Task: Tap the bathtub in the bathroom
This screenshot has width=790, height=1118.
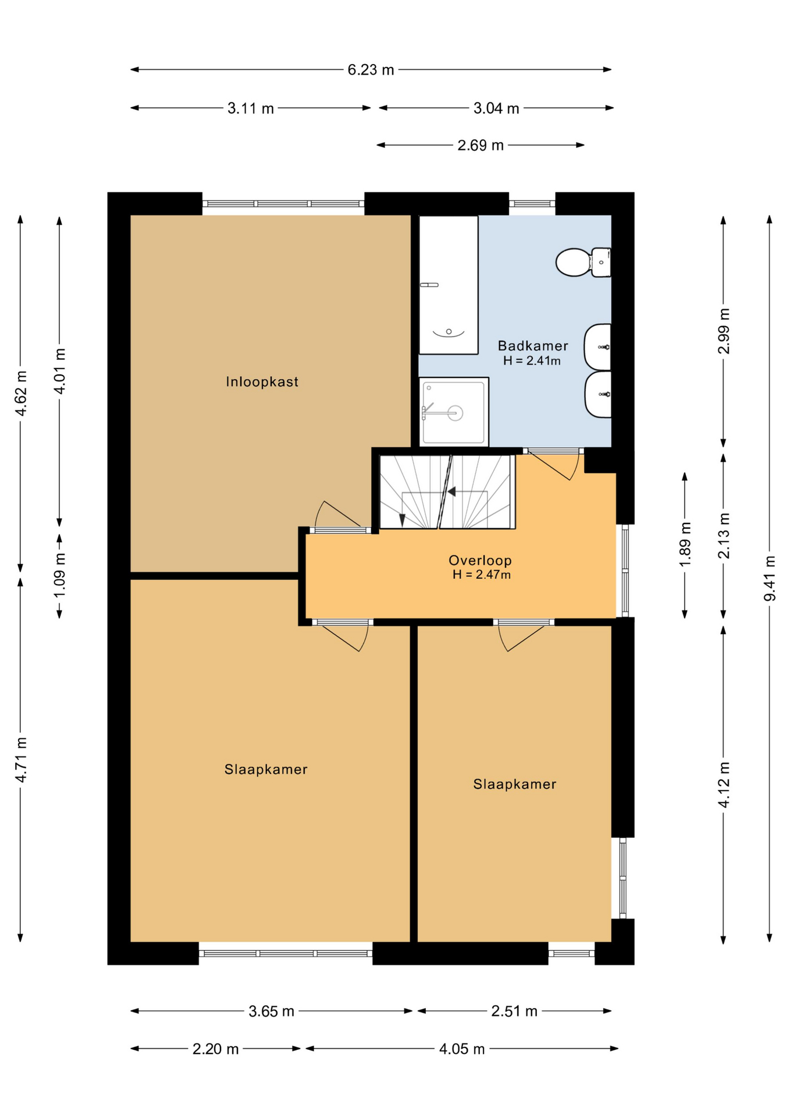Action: point(448,285)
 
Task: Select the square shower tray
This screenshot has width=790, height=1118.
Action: point(453,412)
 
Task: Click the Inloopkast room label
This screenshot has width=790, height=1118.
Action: point(262,382)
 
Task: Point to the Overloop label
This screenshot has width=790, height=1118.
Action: point(480,560)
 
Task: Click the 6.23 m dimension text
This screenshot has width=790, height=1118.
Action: point(371,70)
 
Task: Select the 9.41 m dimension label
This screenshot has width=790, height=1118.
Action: point(770,578)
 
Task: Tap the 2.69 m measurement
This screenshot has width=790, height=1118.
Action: point(480,145)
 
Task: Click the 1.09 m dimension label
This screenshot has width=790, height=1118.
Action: point(59,575)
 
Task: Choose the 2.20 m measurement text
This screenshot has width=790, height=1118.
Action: point(215,1049)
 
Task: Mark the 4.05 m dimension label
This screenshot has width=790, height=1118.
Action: point(461,1049)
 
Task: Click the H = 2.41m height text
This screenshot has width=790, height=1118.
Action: point(532,361)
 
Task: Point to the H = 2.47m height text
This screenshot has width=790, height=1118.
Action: point(482,575)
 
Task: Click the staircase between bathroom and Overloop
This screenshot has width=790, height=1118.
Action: point(446,492)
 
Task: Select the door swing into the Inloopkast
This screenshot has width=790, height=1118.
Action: point(334,515)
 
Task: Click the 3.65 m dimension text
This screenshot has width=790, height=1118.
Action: point(271,1011)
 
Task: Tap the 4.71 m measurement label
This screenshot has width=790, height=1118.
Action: point(21,759)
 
